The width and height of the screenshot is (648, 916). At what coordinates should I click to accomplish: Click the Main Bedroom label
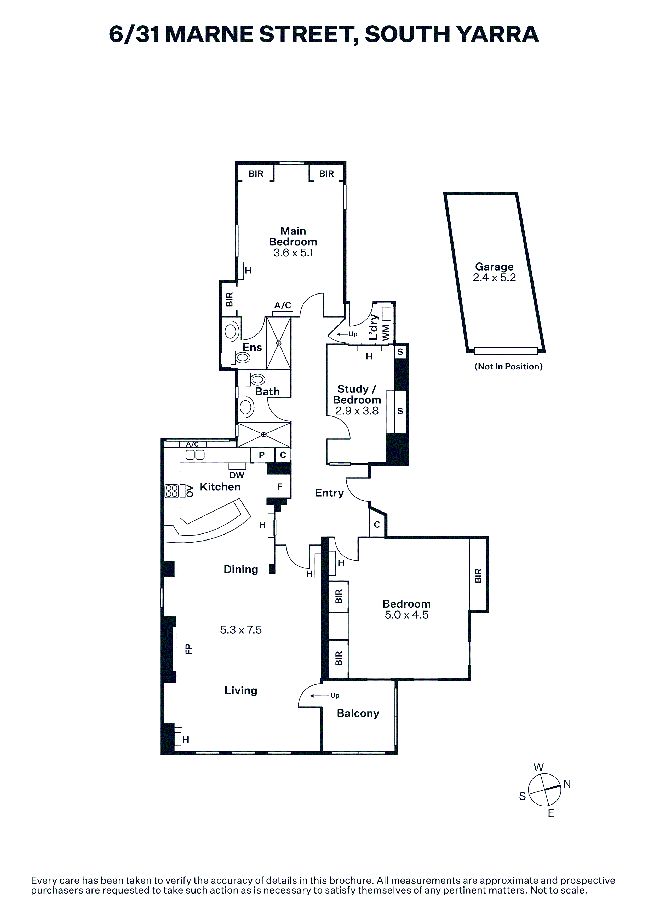tap(293, 236)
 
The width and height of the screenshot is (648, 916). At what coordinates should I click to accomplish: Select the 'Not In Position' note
tap(508, 367)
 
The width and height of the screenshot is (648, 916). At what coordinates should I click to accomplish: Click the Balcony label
tap(358, 713)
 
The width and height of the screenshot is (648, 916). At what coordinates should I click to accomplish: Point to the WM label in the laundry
tap(386, 333)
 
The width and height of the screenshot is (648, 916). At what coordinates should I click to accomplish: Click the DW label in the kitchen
tap(237, 475)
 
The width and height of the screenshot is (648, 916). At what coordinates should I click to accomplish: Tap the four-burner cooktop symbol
tap(172, 491)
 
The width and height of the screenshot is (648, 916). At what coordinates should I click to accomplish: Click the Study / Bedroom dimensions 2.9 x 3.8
tap(357, 411)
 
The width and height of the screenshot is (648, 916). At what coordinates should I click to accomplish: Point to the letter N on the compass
tap(567, 784)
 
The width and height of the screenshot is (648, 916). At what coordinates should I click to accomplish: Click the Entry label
tap(329, 493)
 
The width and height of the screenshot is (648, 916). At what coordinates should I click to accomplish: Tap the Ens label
tap(252, 348)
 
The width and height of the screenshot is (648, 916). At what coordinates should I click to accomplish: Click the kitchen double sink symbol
tap(195, 454)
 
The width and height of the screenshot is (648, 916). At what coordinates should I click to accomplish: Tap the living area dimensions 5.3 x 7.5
tap(241, 630)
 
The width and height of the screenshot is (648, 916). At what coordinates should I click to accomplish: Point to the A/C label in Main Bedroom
tap(283, 306)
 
